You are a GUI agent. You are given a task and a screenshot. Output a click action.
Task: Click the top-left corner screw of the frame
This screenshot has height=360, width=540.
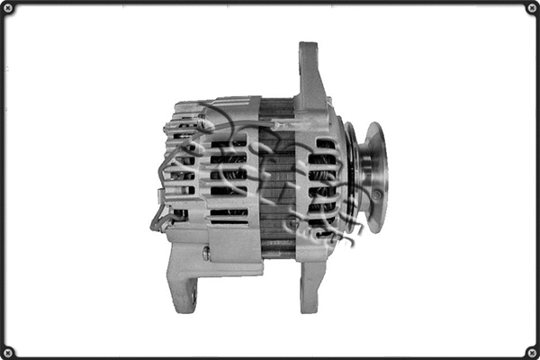(8, 8)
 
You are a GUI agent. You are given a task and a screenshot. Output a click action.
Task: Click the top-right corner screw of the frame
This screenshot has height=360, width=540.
(532, 8)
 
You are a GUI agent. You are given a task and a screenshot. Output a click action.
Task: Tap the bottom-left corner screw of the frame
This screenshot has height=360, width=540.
(8, 352)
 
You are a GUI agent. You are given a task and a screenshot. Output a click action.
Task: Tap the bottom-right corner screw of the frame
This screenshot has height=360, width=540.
(532, 352)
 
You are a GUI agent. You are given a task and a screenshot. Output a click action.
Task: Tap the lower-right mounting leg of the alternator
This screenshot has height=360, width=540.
(310, 283)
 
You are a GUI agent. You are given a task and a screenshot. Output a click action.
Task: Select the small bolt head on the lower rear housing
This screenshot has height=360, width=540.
(206, 255)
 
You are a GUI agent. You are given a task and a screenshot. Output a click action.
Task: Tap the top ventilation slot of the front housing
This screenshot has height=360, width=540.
(324, 143)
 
